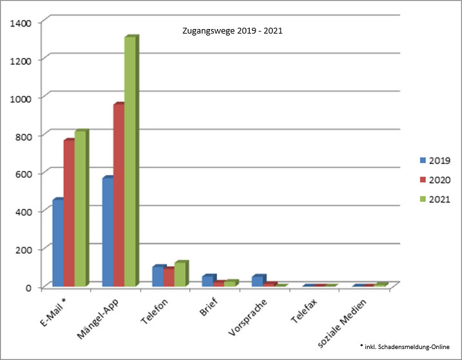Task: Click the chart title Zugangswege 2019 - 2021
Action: [x=232, y=30]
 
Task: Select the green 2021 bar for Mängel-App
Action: [x=130, y=161]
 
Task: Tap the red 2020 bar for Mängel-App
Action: [x=119, y=194]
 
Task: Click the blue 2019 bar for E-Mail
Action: [x=57, y=242]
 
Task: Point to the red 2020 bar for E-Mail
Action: [x=69, y=212]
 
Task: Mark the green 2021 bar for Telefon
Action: [x=180, y=274]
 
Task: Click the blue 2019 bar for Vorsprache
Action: [x=257, y=281]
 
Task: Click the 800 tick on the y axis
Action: [x=24, y=135]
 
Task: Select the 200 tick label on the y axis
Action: [x=24, y=249]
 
